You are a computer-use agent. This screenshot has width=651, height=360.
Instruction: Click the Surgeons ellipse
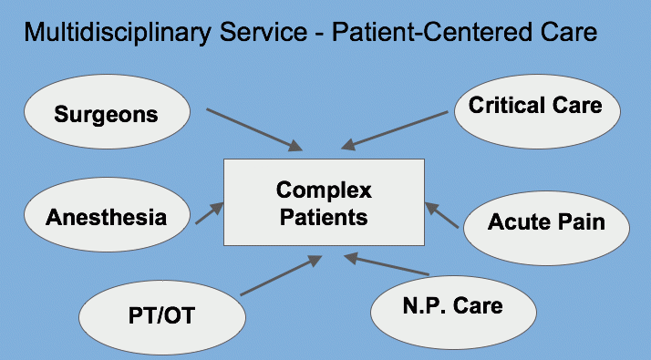(106, 114)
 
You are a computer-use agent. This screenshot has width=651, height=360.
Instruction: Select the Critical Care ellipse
(535, 106)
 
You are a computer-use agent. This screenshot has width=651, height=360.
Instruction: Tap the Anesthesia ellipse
(106, 218)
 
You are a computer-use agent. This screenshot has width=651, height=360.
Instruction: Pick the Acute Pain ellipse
(545, 221)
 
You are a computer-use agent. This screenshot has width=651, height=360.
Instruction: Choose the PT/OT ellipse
(162, 316)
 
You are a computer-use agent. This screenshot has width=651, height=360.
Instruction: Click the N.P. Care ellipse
(451, 306)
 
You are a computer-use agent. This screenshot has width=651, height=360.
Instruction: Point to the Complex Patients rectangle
(324, 202)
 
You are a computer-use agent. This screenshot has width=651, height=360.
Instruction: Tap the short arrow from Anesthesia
(209, 214)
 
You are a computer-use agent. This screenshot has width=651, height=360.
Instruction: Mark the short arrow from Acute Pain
(443, 216)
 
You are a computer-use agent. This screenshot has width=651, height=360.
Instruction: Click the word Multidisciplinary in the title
(113, 34)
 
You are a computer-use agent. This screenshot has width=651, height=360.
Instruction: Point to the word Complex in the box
(324, 190)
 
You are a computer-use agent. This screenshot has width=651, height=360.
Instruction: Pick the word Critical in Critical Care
(507, 106)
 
